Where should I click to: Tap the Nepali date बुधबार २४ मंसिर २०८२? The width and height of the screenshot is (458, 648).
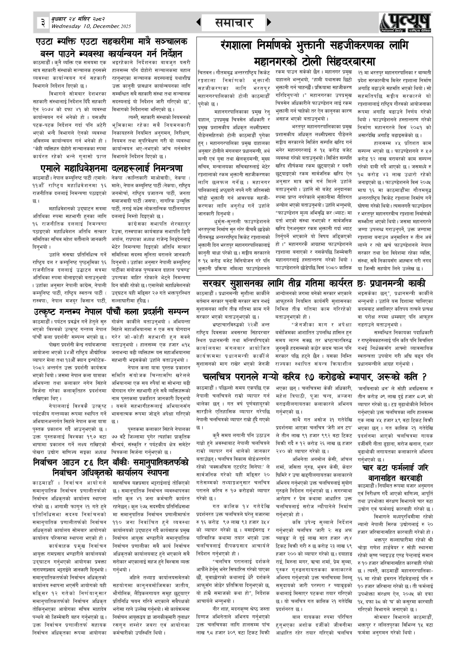[x=78, y=19]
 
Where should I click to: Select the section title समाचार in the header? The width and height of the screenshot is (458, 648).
[x=233, y=23]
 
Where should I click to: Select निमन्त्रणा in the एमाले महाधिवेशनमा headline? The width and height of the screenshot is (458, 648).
[x=168, y=169]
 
